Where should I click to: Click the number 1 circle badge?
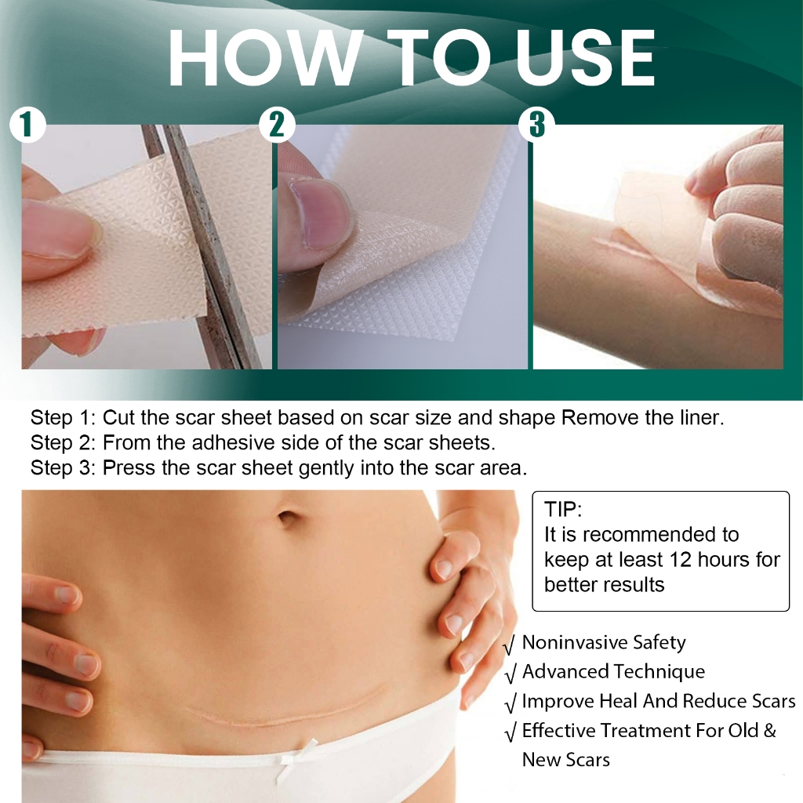[x=27, y=125]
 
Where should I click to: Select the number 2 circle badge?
[x=276, y=125]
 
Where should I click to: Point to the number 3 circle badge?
[x=537, y=125]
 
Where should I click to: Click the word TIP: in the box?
[x=563, y=510]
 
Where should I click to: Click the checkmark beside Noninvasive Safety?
[x=509, y=645]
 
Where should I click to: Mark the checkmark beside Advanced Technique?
[x=509, y=674]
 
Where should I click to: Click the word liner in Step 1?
[x=701, y=417]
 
